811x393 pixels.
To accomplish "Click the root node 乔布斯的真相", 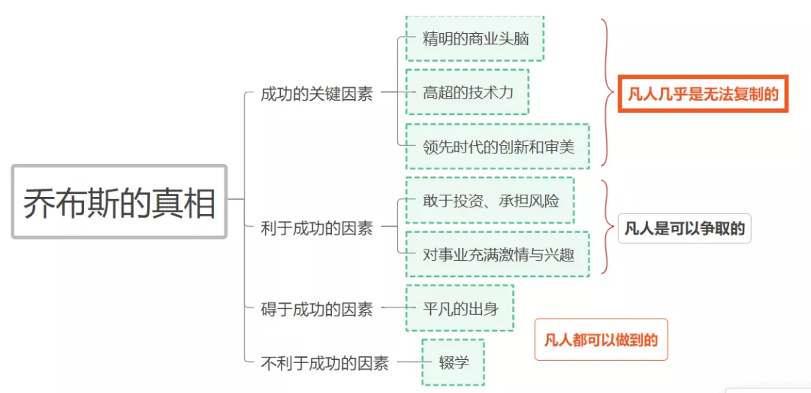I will [x=119, y=201].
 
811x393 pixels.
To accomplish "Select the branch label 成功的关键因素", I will [x=316, y=94].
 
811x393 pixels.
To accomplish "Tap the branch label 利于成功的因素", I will [x=316, y=228].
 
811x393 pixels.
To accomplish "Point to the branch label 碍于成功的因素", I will [x=316, y=308].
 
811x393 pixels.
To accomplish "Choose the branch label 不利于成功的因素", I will [x=324, y=363].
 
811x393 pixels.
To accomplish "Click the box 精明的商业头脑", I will [x=475, y=38].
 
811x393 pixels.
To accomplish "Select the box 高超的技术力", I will [x=467, y=92].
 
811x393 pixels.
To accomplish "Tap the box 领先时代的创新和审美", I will [x=497, y=147].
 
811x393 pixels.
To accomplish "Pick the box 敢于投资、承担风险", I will [x=490, y=201].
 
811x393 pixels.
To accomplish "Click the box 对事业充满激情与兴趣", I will [x=497, y=255].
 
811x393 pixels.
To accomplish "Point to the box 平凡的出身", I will [x=460, y=308].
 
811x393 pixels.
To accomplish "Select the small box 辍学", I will [x=453, y=362].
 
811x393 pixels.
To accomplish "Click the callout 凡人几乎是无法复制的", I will [x=703, y=94].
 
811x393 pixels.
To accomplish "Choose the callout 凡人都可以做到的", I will [x=601, y=340].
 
